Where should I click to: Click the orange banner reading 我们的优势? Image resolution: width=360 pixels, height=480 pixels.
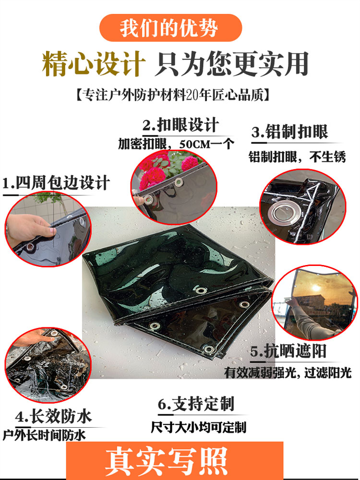click(171, 28)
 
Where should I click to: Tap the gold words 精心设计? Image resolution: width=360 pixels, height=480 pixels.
click(94, 64)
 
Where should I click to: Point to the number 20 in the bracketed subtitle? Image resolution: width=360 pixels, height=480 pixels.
click(192, 95)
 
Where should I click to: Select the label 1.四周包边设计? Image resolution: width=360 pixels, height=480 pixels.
click(56, 183)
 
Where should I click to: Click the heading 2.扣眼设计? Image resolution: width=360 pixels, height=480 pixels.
click(180, 125)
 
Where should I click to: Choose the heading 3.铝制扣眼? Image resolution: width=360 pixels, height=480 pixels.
click(289, 132)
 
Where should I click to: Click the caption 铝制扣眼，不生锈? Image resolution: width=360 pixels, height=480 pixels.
click(297, 157)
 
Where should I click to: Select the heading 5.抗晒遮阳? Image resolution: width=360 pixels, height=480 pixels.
click(288, 351)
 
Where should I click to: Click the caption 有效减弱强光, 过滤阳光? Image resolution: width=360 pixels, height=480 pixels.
click(288, 372)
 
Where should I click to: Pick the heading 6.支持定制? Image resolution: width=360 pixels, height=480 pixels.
click(196, 404)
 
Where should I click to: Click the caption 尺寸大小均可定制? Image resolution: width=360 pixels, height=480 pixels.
click(198, 427)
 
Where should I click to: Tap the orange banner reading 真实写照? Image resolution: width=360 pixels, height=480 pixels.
click(175, 461)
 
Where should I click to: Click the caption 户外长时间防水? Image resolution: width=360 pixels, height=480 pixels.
click(44, 435)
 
